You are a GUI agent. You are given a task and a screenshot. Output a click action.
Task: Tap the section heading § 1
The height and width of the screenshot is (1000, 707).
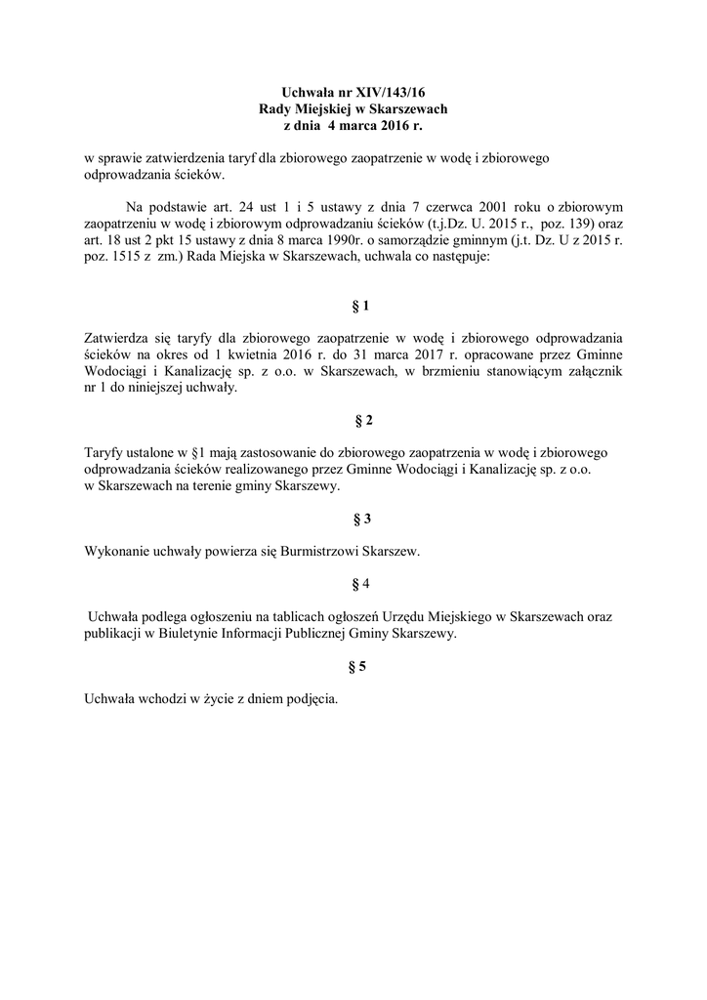(x=360, y=306)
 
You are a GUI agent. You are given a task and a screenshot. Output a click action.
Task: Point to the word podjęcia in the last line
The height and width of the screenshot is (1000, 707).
(x=311, y=699)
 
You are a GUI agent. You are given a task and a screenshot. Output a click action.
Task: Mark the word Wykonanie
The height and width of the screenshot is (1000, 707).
(x=117, y=552)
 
